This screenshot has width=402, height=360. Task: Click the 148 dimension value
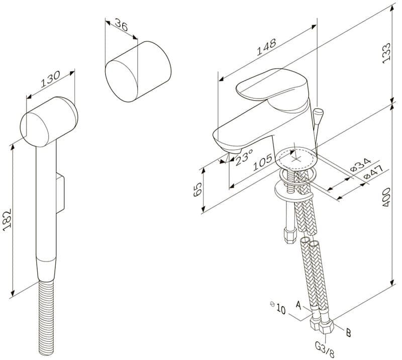[x=266, y=47]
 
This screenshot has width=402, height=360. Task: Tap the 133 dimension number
[x=386, y=53]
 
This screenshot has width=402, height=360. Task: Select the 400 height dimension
[x=386, y=197]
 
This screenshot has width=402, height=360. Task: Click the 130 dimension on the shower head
[x=51, y=79]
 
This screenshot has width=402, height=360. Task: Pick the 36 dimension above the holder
[x=121, y=25]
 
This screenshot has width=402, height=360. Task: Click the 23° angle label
[x=244, y=157]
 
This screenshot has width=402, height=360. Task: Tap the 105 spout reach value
[x=262, y=162]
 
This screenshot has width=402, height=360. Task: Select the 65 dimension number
[x=197, y=190]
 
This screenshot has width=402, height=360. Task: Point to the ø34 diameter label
[x=360, y=165]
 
